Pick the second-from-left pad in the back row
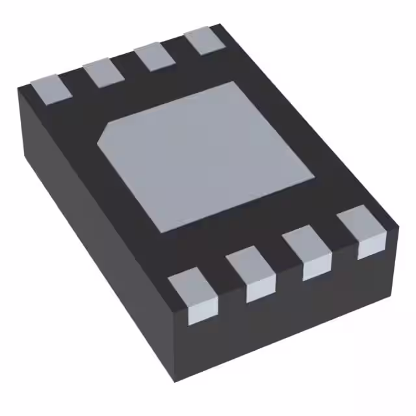tap(104, 71)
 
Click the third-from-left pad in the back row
tap(155, 55)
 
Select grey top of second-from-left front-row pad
tap(250, 263)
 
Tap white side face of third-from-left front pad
tap(317, 268)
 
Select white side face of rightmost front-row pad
tap(372, 246)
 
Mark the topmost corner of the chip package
tap(219, 25)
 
